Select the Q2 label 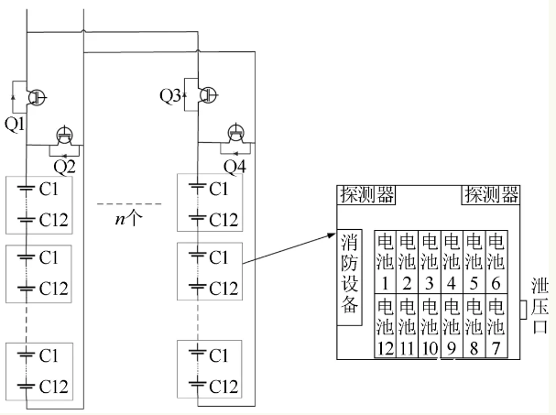point(64,166)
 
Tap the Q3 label point(170,95)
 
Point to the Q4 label point(236,166)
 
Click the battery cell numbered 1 point(386,258)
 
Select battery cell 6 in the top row point(496,258)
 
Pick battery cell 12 point(386,324)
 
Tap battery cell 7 point(496,324)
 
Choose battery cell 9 point(452,324)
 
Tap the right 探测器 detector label point(491,194)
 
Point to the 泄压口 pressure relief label point(540,307)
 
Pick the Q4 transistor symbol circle point(235,134)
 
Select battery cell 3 point(430,258)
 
